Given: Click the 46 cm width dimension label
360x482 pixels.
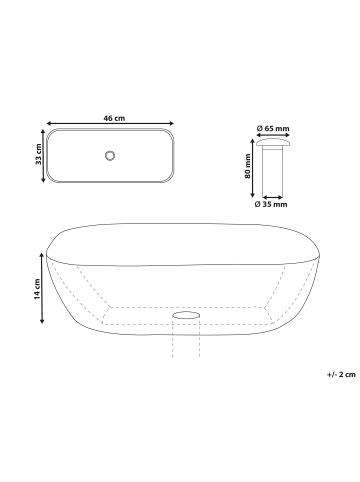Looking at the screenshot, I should point(113,119).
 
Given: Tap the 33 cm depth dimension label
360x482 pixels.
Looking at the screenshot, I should point(36,155).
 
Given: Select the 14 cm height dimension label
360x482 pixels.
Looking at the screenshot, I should point(36,289).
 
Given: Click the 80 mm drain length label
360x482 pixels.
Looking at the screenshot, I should point(246,167).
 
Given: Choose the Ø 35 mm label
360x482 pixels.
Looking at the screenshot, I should point(271,204).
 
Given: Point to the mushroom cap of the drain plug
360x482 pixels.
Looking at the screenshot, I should point(271,144).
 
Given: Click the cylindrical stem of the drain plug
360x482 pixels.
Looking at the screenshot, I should point(271,172).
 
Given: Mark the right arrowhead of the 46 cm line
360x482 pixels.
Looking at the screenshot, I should point(178,126).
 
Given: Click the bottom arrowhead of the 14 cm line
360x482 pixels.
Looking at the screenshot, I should point(43,322).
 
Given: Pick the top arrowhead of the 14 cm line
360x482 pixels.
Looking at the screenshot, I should point(43,254).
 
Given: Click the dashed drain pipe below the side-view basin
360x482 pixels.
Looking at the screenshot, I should point(186,340).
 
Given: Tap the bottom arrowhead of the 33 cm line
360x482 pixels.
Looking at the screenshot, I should point(43,180).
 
